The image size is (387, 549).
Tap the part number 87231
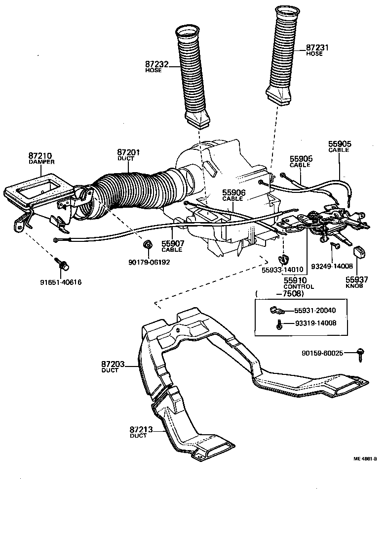317,48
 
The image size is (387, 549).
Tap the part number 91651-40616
61,282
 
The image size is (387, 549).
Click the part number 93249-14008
332,266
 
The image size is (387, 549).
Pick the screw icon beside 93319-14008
280,324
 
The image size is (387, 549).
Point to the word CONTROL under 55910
299,287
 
